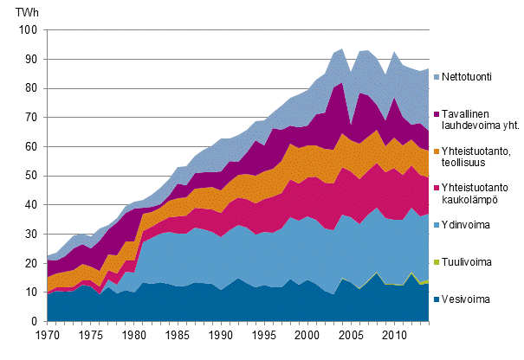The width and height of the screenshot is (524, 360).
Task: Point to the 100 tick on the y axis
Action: [x=29, y=29]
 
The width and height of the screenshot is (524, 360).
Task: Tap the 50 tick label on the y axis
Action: [x=31, y=176]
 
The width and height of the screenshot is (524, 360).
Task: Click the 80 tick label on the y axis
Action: [x=31, y=88]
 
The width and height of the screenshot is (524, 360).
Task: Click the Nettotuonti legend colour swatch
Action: [x=434, y=77]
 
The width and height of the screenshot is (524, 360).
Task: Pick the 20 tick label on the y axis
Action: [x=31, y=263]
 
